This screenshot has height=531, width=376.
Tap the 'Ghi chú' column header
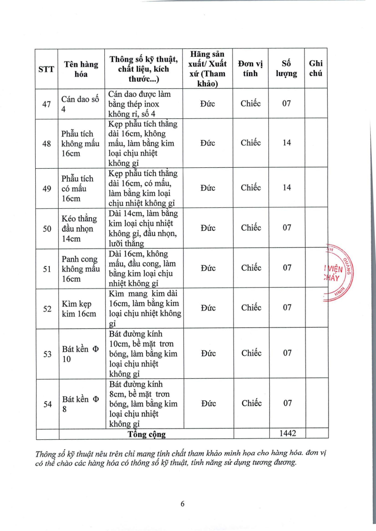pos(316,69)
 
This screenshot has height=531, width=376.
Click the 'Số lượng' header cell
pos(286,69)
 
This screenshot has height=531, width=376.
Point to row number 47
pos(47,104)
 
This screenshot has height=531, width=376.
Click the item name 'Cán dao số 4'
pos(80,104)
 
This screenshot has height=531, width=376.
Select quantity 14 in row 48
pos(287,143)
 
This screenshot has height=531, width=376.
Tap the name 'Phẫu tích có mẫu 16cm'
pos(78,188)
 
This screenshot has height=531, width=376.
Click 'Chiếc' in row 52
pos(251,308)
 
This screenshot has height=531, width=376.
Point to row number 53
pos(47,354)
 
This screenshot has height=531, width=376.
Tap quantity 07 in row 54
pos(287,403)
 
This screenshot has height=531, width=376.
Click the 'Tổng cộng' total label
pos(147,434)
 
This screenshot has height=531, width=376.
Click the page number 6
pos(183,504)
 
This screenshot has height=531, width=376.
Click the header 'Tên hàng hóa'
pos(81,69)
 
